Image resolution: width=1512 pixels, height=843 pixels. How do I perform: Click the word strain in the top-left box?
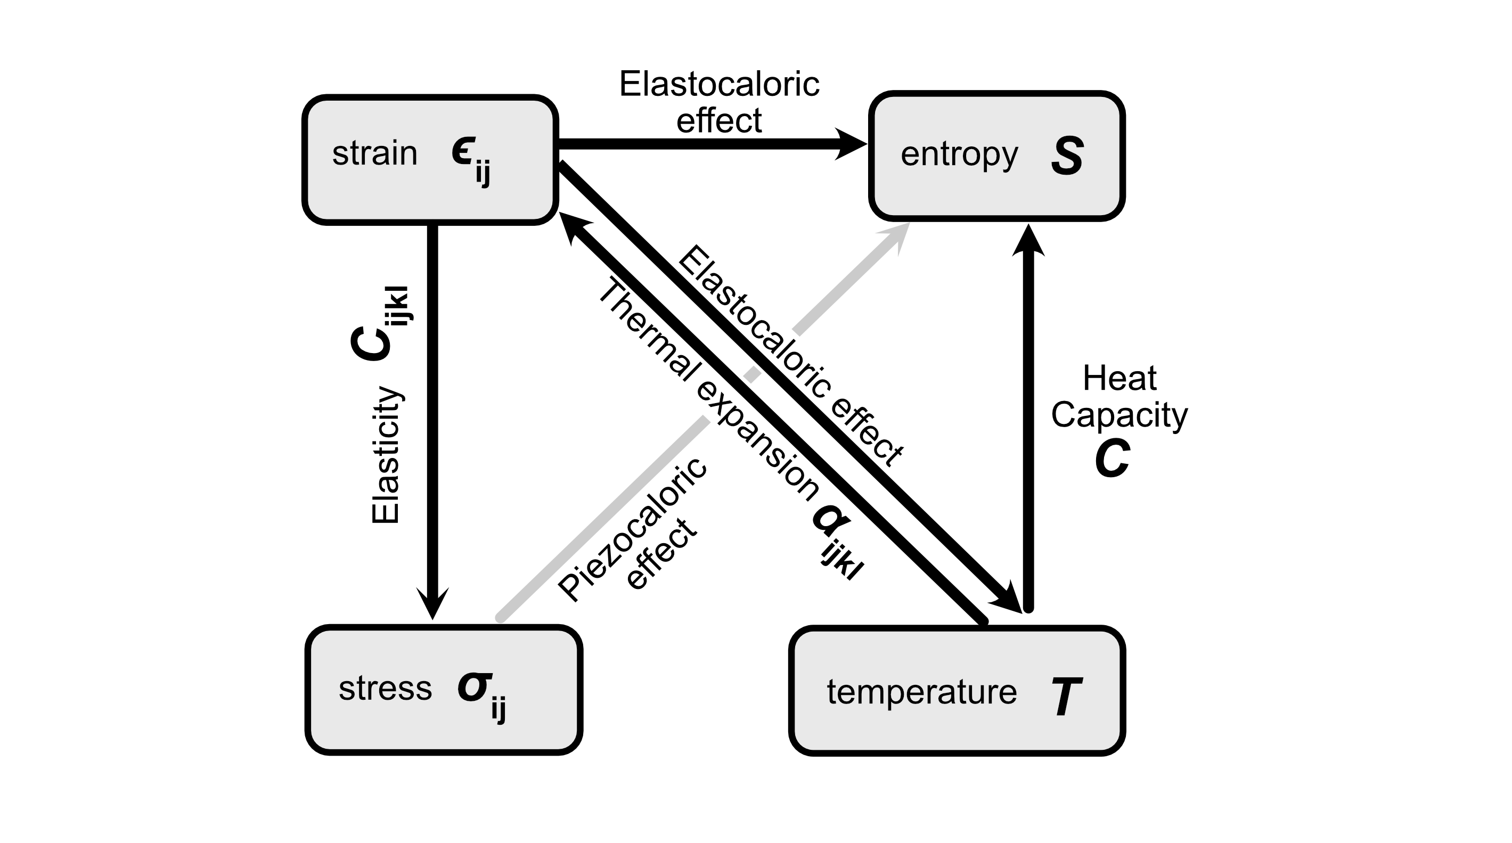[x=374, y=154]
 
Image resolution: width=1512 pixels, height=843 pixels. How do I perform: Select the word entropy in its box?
[x=959, y=155]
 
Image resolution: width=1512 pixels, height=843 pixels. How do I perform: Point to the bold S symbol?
[x=1067, y=156]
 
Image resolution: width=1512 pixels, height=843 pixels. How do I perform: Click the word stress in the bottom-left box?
[x=385, y=689]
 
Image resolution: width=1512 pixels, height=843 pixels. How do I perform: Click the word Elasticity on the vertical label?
[x=386, y=455]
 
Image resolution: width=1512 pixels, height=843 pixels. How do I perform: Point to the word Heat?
[x=1119, y=378]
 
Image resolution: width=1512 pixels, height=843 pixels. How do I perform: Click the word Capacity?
[x=1119, y=415]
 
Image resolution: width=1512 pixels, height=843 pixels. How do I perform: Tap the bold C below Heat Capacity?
[x=1112, y=459]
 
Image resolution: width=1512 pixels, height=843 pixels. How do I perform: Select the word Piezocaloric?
[x=633, y=529]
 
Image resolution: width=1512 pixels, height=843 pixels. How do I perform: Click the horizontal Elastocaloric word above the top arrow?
[x=719, y=85]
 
